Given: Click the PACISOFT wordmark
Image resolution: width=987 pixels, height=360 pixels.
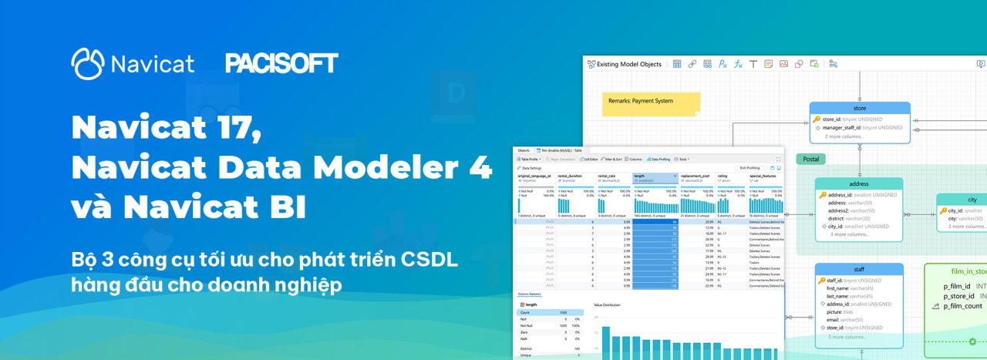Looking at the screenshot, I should coord(281,63).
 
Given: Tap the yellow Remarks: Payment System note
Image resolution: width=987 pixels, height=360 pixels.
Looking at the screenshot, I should coord(652,103).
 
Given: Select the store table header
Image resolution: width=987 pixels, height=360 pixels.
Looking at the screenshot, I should coord(860,108).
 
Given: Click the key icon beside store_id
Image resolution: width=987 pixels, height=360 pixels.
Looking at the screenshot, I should coord(817,119).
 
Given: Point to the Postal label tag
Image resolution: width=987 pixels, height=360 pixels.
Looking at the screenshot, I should coord(810,160).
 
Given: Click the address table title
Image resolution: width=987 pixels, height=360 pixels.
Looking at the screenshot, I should coord(858,184).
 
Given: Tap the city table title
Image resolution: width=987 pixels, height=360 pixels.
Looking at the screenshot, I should coord(972,200).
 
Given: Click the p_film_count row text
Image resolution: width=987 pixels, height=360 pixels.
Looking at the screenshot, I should coord(962,306).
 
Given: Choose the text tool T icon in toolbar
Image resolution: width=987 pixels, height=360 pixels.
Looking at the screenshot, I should coord(753,64).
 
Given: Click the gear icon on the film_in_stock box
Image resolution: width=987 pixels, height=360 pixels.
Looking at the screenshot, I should coord(973,341).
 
